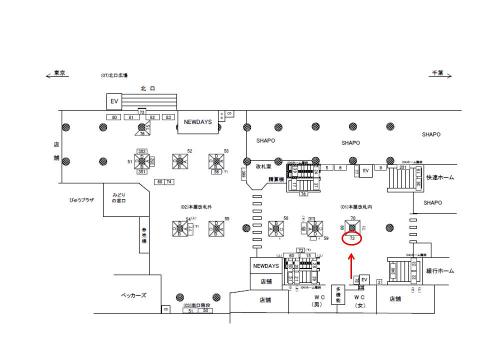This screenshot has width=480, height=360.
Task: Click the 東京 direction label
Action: tap(60, 72)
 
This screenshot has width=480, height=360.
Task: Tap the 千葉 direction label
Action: tap(438, 72)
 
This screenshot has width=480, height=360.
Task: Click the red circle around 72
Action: tap(352, 239)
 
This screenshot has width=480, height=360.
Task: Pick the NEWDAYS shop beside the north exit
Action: tap(198, 122)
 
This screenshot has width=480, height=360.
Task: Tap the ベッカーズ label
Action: tap(134, 295)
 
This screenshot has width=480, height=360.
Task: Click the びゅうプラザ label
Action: tap(81, 199)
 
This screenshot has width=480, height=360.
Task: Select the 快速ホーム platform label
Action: tap(440, 177)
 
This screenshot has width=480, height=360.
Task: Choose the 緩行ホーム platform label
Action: tap(440, 271)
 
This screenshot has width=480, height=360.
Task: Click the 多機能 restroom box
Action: tap(337, 294)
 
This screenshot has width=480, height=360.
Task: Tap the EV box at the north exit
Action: tap(114, 101)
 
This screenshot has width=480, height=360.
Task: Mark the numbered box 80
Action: tap(114, 117)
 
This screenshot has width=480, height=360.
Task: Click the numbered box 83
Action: tap(168, 117)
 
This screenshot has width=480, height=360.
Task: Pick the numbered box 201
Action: tap(402, 167)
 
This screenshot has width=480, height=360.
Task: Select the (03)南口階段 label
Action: tap(196, 305)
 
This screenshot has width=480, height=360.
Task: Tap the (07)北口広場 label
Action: tap(114, 75)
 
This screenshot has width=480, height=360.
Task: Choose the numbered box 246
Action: tap(393, 273)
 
